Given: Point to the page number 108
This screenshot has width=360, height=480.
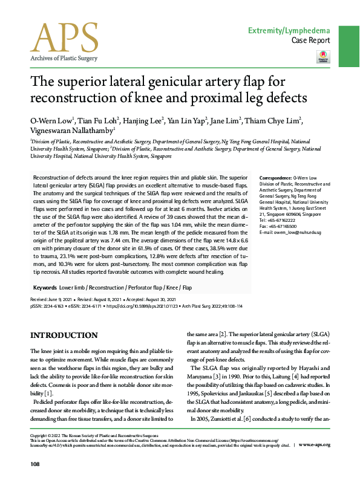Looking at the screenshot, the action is coord(36,464).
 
